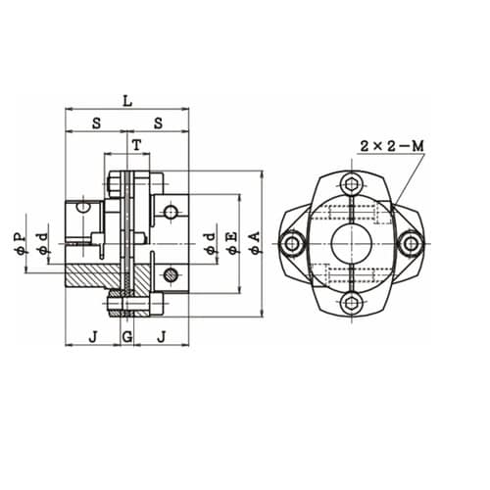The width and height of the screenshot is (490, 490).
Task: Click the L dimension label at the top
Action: (127, 101)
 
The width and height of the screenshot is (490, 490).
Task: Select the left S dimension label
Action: (97, 123)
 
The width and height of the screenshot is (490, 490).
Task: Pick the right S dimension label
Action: (158, 123)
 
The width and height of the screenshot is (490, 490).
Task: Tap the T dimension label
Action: (137, 144)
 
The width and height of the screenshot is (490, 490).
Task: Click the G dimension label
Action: (127, 336)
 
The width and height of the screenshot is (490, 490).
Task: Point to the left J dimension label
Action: (94, 336)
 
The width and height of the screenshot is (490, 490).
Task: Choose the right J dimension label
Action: (162, 336)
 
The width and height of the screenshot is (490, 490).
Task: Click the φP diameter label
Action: (20, 243)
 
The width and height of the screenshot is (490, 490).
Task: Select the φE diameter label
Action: (232, 243)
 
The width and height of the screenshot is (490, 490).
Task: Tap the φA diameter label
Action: (255, 243)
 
